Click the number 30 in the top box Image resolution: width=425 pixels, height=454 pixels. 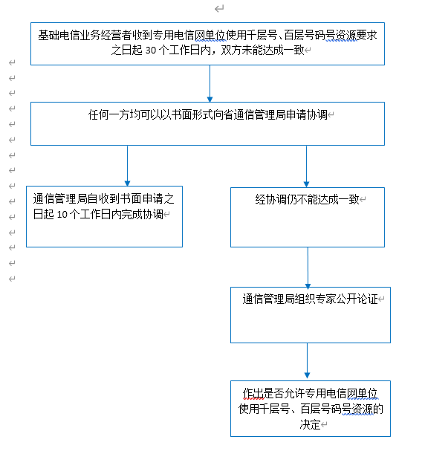tap(151, 51)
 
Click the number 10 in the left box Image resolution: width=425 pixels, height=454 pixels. tap(62, 215)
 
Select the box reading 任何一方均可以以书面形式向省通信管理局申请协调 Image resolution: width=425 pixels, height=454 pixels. tap(207, 123)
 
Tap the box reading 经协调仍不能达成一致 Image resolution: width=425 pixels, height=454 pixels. tap(308, 217)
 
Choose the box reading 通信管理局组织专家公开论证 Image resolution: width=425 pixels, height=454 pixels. tap(311, 315)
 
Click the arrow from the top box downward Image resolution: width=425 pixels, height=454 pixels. tap(210, 83)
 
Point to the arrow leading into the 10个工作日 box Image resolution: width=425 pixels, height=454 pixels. tap(127, 166)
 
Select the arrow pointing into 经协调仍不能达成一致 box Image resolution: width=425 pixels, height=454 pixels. tap(306, 166)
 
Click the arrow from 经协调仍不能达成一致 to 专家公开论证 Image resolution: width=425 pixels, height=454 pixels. tap(308, 267)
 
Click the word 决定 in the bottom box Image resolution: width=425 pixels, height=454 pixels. tap(310, 424)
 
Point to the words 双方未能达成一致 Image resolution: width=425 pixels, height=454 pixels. tap(262, 50)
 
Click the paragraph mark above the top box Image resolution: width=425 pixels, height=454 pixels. tap(219, 9)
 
